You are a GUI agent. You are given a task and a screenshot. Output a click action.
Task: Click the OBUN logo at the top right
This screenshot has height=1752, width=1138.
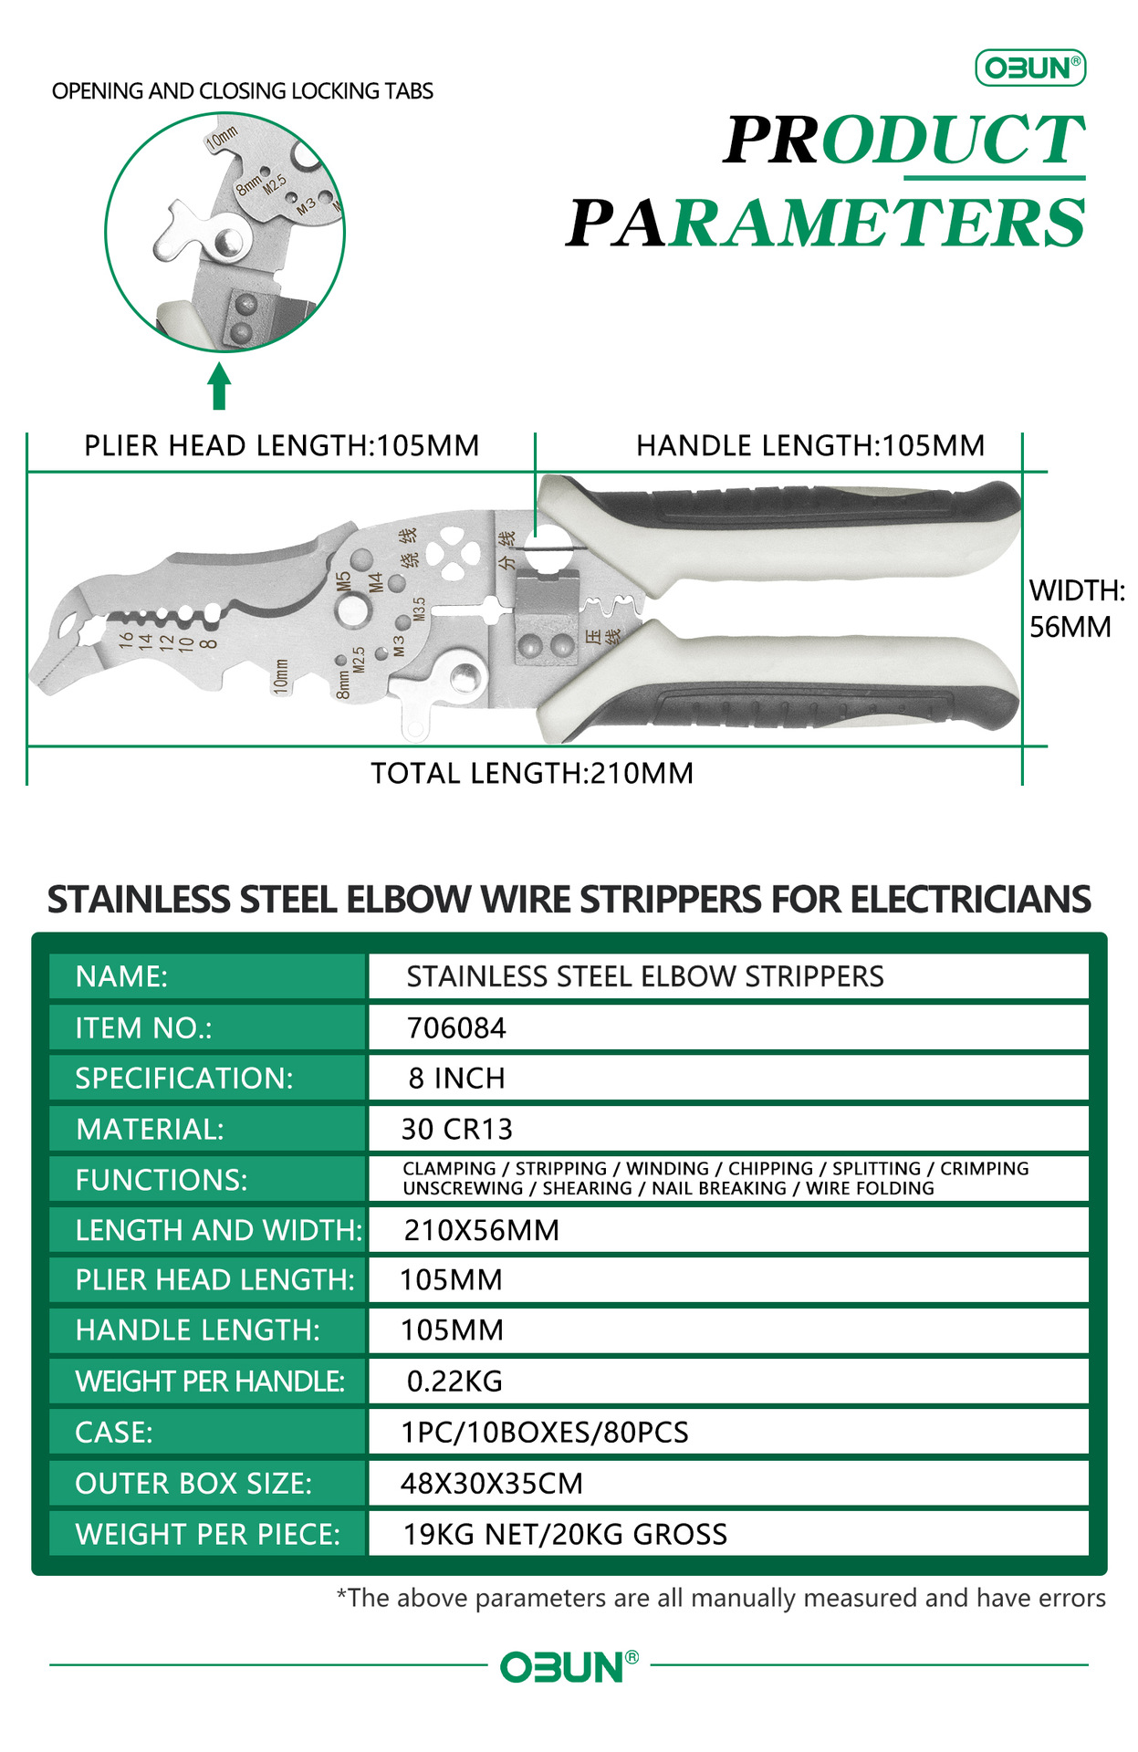click(x=1030, y=68)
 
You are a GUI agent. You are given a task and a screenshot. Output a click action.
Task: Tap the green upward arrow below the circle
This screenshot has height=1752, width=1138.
click(x=218, y=387)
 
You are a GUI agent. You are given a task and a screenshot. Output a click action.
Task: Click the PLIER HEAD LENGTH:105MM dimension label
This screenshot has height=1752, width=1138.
click(x=281, y=446)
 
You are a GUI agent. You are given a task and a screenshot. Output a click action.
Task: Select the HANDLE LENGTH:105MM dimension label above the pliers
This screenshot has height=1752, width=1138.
click(x=810, y=446)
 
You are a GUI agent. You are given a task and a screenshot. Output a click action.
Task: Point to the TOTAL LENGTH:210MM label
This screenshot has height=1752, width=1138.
click(x=532, y=774)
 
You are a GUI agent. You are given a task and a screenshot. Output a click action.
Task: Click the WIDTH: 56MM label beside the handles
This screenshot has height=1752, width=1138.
click(x=1076, y=609)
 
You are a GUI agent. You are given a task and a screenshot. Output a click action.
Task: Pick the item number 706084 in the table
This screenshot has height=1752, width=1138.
click(x=456, y=1028)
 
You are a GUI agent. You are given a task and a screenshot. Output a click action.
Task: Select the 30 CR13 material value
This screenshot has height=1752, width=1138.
click(x=457, y=1130)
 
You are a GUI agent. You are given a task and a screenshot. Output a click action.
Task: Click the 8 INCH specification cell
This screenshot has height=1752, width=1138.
click(x=456, y=1079)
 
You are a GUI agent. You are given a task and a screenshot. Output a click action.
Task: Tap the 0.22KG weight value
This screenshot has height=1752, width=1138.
click(x=454, y=1382)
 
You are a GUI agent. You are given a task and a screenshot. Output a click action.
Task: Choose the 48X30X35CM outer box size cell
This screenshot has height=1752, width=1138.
click(x=492, y=1484)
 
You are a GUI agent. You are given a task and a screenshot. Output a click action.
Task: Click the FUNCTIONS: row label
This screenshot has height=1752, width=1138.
click(x=162, y=1180)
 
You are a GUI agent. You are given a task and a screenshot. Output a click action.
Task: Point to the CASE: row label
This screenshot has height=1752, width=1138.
click(x=114, y=1433)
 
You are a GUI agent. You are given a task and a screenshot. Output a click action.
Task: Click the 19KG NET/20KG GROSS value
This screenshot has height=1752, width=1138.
click(x=566, y=1535)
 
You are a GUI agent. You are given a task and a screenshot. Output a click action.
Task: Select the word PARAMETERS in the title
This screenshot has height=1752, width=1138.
click(x=826, y=224)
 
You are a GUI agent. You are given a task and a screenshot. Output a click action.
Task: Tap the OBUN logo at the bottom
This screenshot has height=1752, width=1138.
click(x=569, y=1667)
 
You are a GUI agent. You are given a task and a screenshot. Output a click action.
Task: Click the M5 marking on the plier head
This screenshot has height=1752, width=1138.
click(x=343, y=582)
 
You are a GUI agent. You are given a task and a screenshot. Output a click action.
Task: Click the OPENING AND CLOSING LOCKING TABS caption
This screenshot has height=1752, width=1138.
click(x=243, y=91)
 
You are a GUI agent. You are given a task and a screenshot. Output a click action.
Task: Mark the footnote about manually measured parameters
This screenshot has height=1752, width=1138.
click(x=721, y=1599)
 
